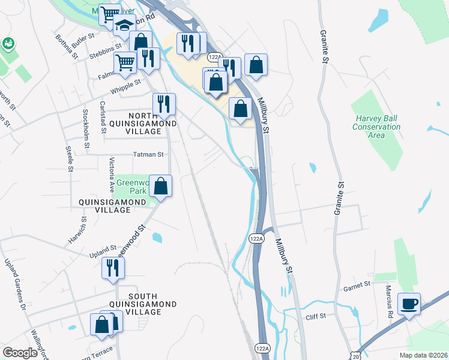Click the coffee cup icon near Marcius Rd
click(409, 304)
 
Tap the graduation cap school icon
click(124, 28)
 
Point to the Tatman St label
click(148, 154)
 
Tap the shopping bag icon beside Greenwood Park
click(161, 186)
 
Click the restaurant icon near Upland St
click(112, 267)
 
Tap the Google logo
click(20, 353)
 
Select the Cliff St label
click(315, 316)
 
